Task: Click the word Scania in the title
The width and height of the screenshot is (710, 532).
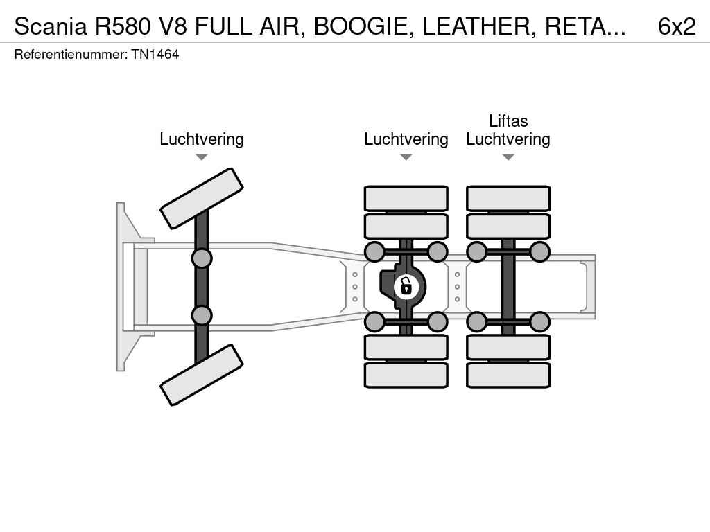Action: pos(50,26)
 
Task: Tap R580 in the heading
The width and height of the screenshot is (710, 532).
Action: pos(122,26)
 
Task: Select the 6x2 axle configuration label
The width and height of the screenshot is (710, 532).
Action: pos(677,26)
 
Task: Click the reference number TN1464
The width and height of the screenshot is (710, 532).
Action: pos(155,55)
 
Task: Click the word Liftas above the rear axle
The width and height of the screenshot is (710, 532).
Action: pos(508,121)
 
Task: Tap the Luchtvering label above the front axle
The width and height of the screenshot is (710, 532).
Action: pos(202,139)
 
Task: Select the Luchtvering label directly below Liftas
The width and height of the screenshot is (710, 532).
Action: pos(508,139)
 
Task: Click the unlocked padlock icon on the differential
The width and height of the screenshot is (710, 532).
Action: pos(406,286)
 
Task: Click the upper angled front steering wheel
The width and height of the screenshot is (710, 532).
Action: pos(202,199)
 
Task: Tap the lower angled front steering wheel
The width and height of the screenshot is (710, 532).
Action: pos(202,375)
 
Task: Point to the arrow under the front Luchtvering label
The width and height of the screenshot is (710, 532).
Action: pos(202,157)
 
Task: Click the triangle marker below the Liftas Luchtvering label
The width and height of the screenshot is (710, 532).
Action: pos(508,157)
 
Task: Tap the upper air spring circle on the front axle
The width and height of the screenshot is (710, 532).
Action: pos(202,258)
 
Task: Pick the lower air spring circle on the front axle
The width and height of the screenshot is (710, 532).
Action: pos(202,315)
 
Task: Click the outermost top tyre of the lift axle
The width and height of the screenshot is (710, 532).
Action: pos(508,199)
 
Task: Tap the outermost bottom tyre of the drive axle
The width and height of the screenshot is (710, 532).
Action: pos(406,375)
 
